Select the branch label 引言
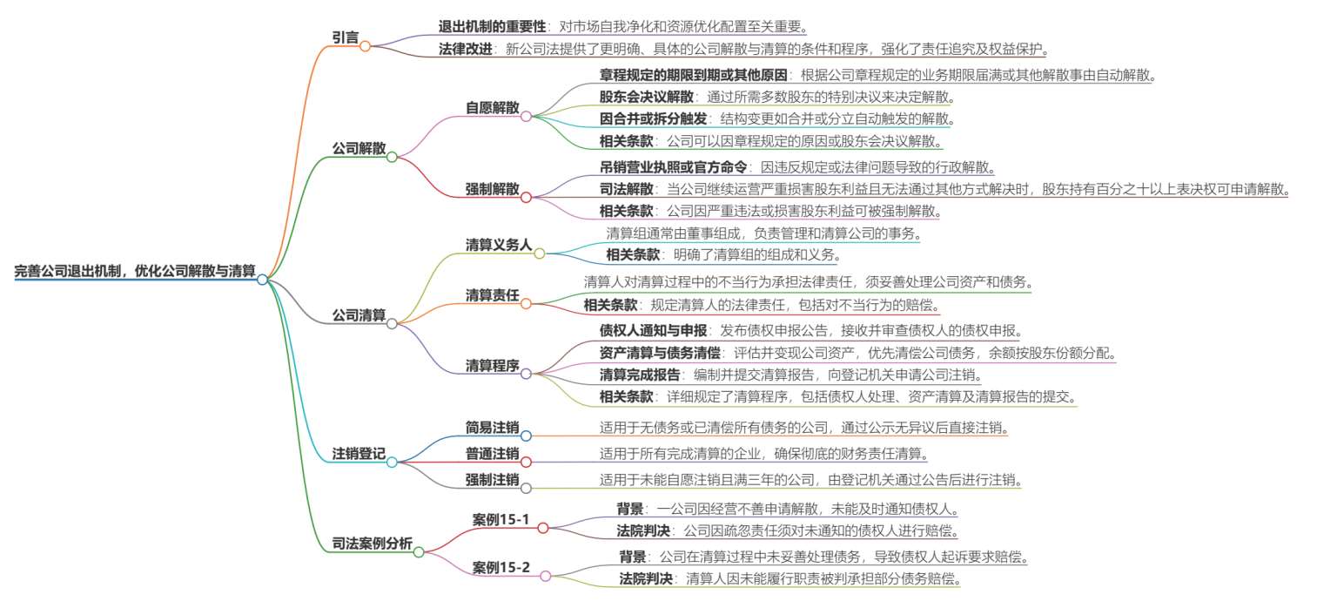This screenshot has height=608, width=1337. [346, 37]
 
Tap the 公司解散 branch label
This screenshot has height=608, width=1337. [359, 148]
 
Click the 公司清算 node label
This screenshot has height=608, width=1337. [359, 314]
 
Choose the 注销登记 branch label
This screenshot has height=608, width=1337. [359, 454]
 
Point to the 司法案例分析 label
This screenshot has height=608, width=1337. [373, 544]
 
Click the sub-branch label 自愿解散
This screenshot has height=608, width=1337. [493, 107]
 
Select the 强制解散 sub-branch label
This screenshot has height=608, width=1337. [493, 189]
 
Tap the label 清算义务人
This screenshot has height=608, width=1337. [499, 245]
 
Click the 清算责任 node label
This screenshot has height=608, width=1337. [493, 295]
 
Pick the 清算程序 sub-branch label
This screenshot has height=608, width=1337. [493, 366]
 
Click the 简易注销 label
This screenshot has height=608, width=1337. [493, 428]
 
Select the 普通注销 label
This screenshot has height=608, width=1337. [493, 454]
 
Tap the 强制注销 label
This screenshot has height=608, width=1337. [493, 480]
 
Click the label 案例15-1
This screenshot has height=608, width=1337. [501, 520]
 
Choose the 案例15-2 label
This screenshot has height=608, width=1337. [501, 567]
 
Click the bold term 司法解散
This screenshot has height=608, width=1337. [627, 189]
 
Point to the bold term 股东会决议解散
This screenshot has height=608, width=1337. [647, 97]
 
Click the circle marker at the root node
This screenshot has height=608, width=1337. [263, 280]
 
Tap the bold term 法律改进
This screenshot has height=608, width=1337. [466, 49]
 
